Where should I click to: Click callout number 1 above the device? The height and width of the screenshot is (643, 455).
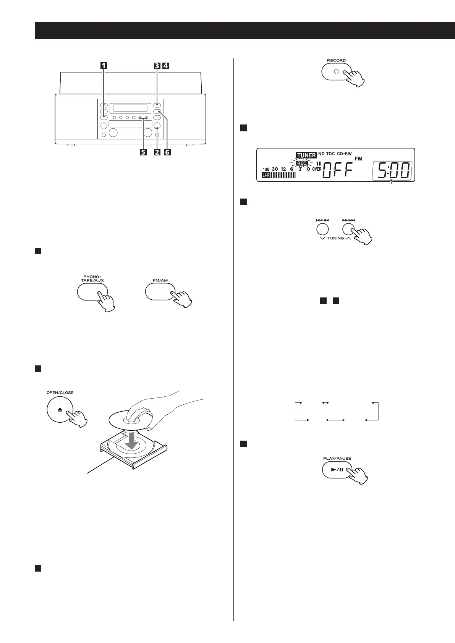pyautogui.click(x=104, y=65)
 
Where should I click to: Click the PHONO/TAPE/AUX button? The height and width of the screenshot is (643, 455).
pyautogui.click(x=92, y=292)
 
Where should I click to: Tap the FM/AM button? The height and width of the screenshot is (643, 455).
pyautogui.click(x=160, y=292)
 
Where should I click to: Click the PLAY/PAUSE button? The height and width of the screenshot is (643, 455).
pyautogui.click(x=337, y=469)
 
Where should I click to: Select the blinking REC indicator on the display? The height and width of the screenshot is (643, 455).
pyautogui.click(x=302, y=163)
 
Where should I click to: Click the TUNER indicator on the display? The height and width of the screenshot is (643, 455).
pyautogui.click(x=306, y=155)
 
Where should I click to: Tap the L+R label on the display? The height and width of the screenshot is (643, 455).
pyautogui.click(x=266, y=175)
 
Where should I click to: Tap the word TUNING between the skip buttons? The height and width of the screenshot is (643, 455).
pyautogui.click(x=335, y=238)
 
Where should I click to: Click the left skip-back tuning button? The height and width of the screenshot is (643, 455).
pyautogui.click(x=322, y=229)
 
